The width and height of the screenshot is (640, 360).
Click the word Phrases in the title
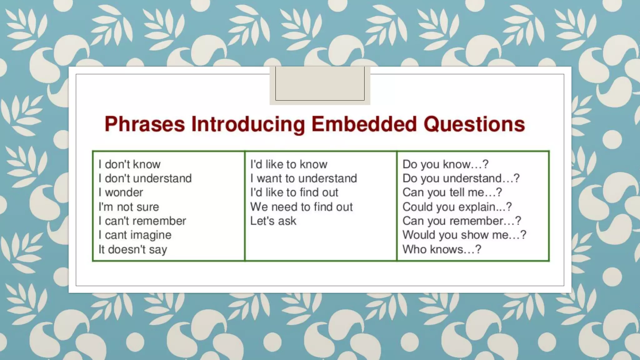(145, 124)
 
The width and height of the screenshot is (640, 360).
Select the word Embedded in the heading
(364, 124)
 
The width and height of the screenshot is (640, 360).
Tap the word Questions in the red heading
(474, 124)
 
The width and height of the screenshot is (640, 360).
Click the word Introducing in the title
(248, 124)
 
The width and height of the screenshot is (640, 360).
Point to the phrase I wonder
(121, 192)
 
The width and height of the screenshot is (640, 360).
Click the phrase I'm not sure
(128, 207)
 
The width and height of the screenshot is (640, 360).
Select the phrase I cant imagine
(135, 235)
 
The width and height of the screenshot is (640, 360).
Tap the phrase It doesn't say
(132, 249)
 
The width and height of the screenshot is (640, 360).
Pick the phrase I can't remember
(142, 221)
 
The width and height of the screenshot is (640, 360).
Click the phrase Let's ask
(273, 221)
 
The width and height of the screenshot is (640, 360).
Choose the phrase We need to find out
(301, 207)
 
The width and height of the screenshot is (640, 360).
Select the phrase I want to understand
(303, 178)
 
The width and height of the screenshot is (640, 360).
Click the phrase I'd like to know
(288, 164)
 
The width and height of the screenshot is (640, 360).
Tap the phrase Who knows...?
(442, 249)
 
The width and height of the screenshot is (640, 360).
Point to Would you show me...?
(464, 235)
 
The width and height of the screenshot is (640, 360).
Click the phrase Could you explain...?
(457, 207)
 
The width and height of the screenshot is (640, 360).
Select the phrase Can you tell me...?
(452, 192)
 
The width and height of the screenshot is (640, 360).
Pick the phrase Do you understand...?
(461, 178)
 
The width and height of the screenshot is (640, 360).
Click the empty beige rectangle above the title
(320, 83)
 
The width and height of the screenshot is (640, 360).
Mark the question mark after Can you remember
(518, 221)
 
